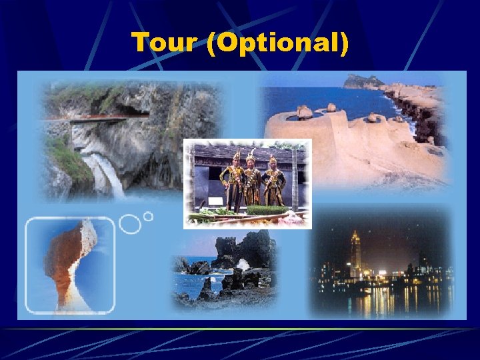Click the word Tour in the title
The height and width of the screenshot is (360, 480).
pos(164,43)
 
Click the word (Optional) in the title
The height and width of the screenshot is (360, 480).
pos(277,43)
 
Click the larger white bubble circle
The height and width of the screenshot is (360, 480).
pos(130,223)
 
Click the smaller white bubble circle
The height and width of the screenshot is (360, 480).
pos(148,216)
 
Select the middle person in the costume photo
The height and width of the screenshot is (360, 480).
pos(252,180)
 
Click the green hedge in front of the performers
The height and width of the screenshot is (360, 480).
pos(267,210)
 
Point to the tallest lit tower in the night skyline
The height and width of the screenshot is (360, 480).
pos(355,253)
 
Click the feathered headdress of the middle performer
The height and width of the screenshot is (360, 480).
pos(251,155)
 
